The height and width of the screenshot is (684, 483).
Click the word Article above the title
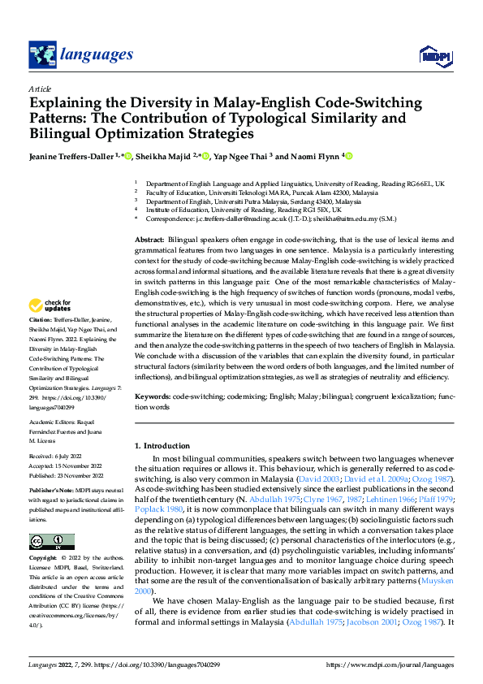[x=40, y=89]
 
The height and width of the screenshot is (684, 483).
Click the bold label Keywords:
[x=152, y=395]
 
